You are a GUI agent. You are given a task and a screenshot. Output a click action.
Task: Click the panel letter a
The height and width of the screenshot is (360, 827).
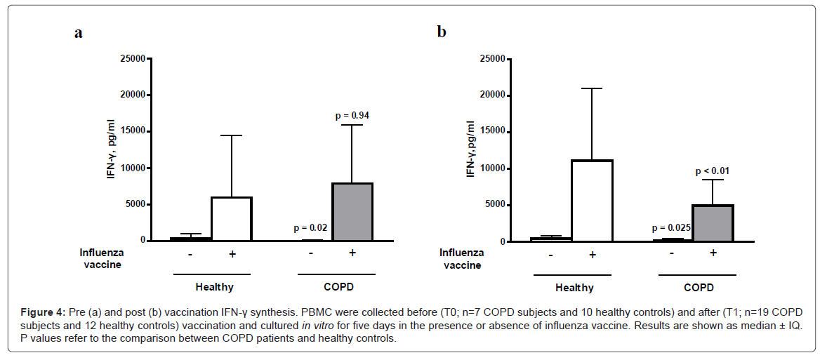coord(79,33)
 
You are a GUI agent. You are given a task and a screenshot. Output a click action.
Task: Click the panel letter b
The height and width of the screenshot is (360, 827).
coord(442,32)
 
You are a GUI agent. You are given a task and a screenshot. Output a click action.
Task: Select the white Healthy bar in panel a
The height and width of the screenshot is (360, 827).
coord(232,218)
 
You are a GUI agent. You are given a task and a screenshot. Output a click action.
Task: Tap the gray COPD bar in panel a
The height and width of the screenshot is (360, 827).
coord(352,211)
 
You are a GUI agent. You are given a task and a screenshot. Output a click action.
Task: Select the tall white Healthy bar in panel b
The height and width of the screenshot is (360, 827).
coord(592,201)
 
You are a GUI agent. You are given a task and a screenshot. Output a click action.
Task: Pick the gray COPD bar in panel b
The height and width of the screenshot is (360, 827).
coord(713,223)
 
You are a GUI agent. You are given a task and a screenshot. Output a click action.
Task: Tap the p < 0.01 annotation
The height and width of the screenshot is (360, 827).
coord(714,171)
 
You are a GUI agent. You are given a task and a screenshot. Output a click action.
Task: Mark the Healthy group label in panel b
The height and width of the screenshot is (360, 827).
coord(574,288)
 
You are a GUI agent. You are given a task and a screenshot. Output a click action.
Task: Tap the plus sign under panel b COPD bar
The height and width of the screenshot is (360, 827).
coord(713,253)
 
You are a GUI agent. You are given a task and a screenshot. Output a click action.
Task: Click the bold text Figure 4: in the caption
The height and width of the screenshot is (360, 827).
coord(44,311)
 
